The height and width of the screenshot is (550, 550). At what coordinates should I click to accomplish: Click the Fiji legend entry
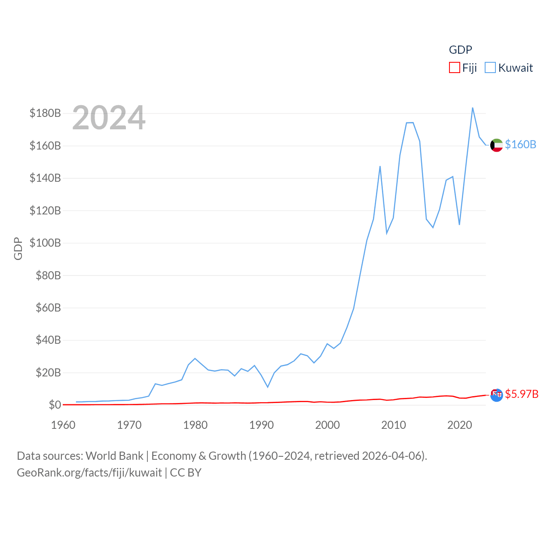click(x=463, y=68)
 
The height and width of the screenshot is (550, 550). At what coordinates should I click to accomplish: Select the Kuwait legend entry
click(x=509, y=68)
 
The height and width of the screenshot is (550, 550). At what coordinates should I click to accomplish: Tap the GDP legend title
click(x=460, y=50)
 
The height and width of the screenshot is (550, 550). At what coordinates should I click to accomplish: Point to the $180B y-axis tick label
click(x=45, y=113)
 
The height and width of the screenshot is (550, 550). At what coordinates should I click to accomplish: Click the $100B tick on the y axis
click(x=45, y=243)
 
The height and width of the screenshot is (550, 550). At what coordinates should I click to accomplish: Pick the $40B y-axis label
click(x=48, y=340)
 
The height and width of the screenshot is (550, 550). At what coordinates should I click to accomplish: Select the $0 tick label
click(x=55, y=405)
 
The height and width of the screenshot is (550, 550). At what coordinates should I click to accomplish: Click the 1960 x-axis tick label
click(x=63, y=425)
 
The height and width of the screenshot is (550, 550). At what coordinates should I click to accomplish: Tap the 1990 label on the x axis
click(x=261, y=425)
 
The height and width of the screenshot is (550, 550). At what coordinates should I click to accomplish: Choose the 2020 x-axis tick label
click(x=460, y=425)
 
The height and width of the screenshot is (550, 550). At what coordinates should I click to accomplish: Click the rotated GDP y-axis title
click(x=18, y=248)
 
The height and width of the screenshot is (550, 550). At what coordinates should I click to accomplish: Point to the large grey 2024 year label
click(x=109, y=118)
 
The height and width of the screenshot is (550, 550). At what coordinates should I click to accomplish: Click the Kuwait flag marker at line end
click(x=496, y=145)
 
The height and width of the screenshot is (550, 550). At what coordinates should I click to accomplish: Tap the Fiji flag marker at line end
click(x=496, y=395)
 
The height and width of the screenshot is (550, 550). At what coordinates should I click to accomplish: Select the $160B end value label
click(x=520, y=144)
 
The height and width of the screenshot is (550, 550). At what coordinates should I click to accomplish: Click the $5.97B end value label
click(x=522, y=394)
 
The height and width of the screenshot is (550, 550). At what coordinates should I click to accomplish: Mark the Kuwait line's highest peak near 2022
click(x=473, y=108)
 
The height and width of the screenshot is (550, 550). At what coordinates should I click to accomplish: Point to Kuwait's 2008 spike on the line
click(x=380, y=166)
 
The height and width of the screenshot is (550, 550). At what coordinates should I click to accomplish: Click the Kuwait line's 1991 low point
click(x=268, y=387)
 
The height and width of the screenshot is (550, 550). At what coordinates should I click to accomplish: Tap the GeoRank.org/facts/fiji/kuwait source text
click(x=89, y=473)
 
